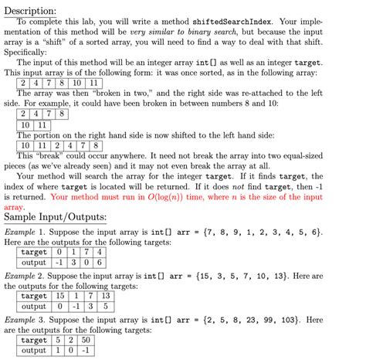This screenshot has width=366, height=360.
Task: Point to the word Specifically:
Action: point(30,53)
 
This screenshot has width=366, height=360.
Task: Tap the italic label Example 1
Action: point(28,231)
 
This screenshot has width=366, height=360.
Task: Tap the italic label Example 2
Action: point(28,275)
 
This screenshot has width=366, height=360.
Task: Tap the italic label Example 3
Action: point(28,320)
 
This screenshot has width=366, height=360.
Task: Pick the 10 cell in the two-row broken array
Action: point(25,124)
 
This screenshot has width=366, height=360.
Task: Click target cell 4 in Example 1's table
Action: point(100,252)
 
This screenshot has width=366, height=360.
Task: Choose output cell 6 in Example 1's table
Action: point(100,263)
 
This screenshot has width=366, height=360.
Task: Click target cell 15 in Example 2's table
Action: point(59,296)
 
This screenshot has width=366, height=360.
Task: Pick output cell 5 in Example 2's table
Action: point(106,307)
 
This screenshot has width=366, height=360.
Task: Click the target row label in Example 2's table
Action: point(34,296)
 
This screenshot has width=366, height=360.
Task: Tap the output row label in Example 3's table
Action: point(34,351)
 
